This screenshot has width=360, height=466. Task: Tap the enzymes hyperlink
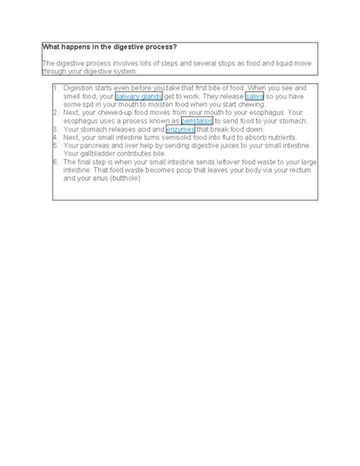[180, 130]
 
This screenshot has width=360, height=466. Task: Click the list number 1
[55, 89]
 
